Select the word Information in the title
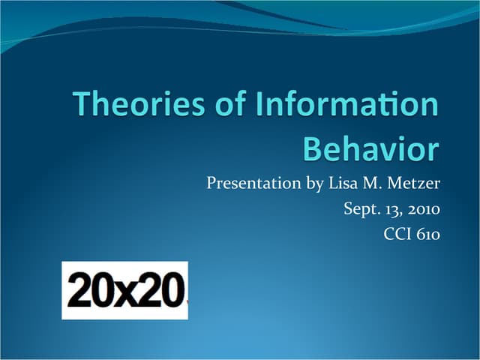pyautogui.click(x=346, y=105)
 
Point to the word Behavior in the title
pyautogui.click(x=370, y=149)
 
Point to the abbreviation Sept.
pyautogui.click(x=361, y=208)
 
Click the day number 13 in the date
pyautogui.click(x=389, y=208)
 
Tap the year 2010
pyautogui.click(x=422, y=208)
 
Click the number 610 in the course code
pyautogui.click(x=427, y=234)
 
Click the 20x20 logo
pyautogui.click(x=124, y=290)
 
